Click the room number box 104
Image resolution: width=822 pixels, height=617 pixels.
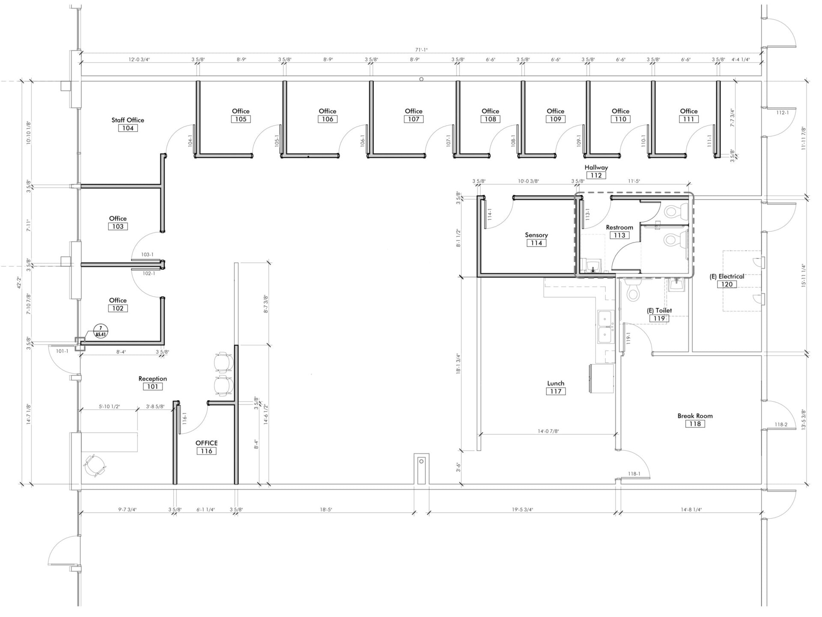(x=128, y=128)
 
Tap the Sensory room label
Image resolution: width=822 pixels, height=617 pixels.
(x=536, y=235)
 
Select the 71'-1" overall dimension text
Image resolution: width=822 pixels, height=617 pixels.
(x=421, y=50)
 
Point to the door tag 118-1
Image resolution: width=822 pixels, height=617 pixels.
(x=634, y=474)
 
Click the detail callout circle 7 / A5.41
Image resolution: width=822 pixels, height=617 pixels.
(x=101, y=331)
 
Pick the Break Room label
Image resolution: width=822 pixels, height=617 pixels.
(x=695, y=416)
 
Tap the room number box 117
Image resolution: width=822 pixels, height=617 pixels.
(x=556, y=392)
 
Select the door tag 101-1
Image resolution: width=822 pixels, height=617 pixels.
(x=62, y=351)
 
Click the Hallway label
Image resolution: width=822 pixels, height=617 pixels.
(x=596, y=168)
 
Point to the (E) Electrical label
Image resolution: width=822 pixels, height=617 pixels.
(x=727, y=276)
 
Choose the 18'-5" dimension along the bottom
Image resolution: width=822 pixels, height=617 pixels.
(x=326, y=510)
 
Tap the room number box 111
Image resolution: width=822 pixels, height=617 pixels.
(x=688, y=119)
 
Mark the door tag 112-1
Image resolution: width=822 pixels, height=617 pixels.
(x=782, y=112)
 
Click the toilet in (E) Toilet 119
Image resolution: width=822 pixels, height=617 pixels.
(x=632, y=290)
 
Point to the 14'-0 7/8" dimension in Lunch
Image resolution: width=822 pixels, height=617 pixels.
(x=548, y=431)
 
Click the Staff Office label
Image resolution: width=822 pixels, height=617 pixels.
(x=128, y=120)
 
